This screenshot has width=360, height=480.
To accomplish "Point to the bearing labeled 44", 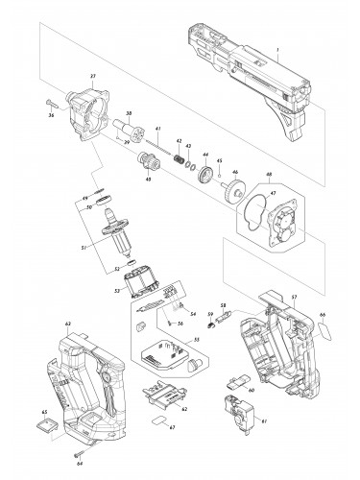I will coord(205,173).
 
